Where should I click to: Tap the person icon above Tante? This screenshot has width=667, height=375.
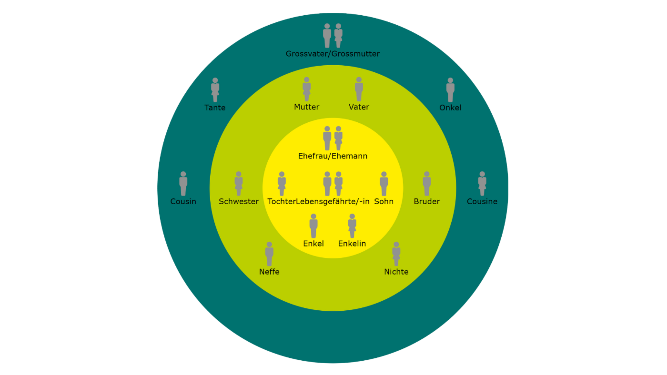215,90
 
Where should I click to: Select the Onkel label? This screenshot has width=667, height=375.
450,108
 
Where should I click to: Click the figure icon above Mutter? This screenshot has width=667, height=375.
307,89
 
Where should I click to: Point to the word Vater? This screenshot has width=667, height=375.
359,107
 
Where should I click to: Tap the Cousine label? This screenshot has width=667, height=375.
482,201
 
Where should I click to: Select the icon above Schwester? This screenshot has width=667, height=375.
239,184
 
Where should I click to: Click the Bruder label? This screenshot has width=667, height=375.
426,201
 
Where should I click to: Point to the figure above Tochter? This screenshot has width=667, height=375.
281,184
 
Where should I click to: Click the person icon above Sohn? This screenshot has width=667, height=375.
384,184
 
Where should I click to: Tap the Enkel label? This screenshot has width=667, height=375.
313,243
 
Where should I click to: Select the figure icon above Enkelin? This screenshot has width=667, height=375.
352,226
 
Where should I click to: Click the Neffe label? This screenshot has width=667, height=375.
269,272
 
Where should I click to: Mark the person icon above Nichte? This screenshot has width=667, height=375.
396,254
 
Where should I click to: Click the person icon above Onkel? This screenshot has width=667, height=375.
450,90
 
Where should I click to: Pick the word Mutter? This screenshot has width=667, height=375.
307,107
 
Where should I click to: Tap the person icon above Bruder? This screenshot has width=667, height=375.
426,184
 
